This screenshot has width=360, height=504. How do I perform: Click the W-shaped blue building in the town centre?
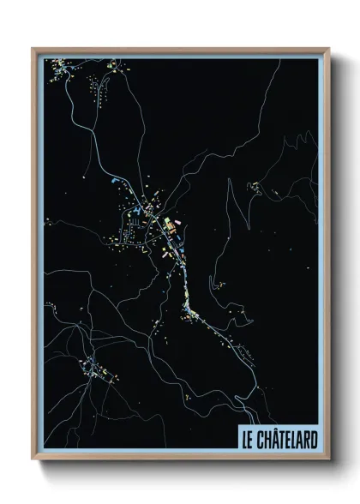click(x=138, y=213)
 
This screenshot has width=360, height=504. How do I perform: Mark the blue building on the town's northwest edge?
click(x=116, y=184)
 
